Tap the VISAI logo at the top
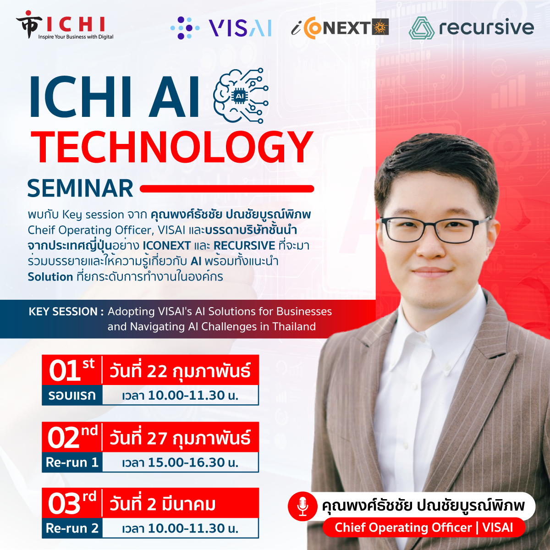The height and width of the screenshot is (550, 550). coord(221,27)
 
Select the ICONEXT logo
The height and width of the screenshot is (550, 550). coord(340,27)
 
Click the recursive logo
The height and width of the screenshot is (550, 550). coord(471,27)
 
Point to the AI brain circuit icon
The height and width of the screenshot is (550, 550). coord(241,95)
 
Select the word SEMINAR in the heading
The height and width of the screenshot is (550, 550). coord(80,188)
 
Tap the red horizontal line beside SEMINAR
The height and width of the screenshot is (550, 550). coord(227,188)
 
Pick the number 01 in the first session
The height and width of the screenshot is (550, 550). coord(64,370)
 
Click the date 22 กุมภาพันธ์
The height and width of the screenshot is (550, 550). coord(180,371)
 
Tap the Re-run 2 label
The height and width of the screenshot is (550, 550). coord(72,528)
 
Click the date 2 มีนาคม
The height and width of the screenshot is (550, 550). coord(163,504)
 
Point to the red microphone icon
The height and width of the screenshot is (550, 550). coord(302,506)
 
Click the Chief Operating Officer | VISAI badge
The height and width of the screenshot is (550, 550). coord(423,528)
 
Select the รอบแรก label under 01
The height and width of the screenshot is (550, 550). coord(72,396)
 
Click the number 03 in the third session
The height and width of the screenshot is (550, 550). coord(64,504)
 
